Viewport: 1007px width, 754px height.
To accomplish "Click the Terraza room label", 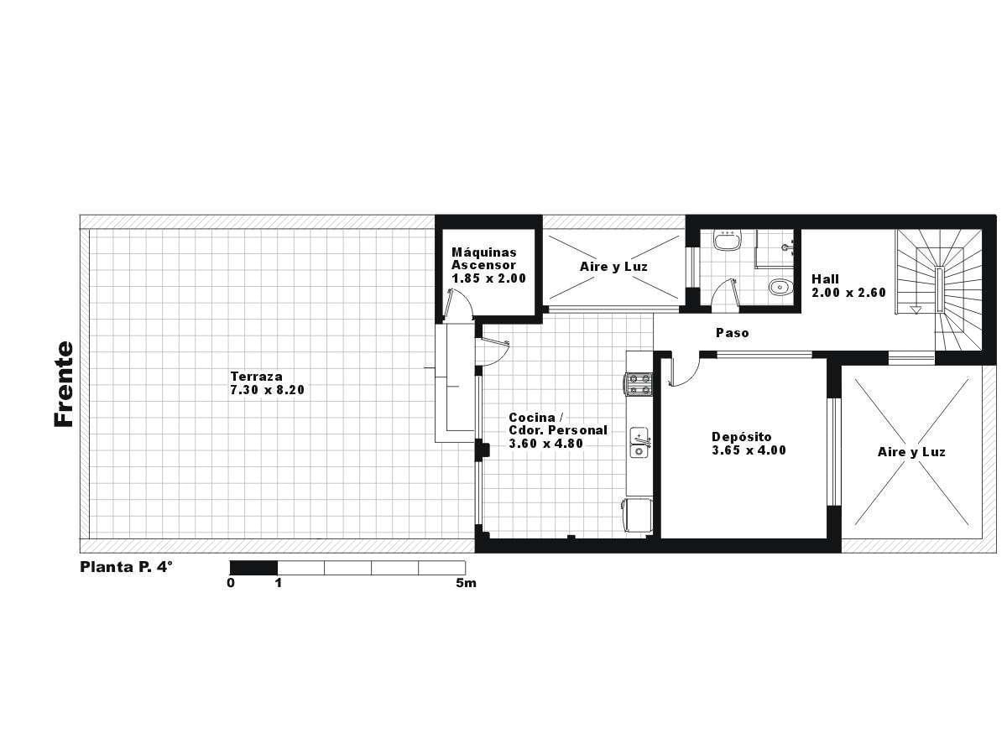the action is (x=256, y=377).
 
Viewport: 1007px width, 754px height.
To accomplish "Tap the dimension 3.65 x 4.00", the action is (x=749, y=450).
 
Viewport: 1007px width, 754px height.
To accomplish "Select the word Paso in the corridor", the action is (x=733, y=333).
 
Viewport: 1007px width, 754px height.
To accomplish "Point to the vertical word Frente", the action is (x=64, y=384).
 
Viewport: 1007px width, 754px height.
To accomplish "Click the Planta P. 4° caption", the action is (x=127, y=567).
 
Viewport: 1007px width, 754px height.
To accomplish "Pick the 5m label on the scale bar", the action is (x=466, y=583).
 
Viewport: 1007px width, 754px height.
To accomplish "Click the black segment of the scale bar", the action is (x=253, y=568).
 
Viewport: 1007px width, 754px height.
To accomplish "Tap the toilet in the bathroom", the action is (x=780, y=287).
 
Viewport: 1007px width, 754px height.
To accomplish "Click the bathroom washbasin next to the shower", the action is (x=728, y=241).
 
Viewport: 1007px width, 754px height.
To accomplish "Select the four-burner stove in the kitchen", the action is (x=638, y=384).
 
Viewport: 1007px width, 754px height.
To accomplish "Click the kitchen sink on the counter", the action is (x=639, y=443).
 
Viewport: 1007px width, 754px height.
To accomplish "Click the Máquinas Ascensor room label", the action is (x=483, y=258).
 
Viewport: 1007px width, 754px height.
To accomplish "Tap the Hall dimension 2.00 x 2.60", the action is (x=848, y=293).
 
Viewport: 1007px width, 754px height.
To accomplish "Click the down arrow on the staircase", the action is (x=916, y=309).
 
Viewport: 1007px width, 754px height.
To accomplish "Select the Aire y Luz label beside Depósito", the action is (x=911, y=452).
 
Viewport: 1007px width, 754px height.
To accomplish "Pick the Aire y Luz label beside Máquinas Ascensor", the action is (x=613, y=267).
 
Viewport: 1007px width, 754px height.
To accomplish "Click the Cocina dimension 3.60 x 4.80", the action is (x=546, y=444).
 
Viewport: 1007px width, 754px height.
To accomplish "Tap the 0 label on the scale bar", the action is (x=231, y=583).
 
